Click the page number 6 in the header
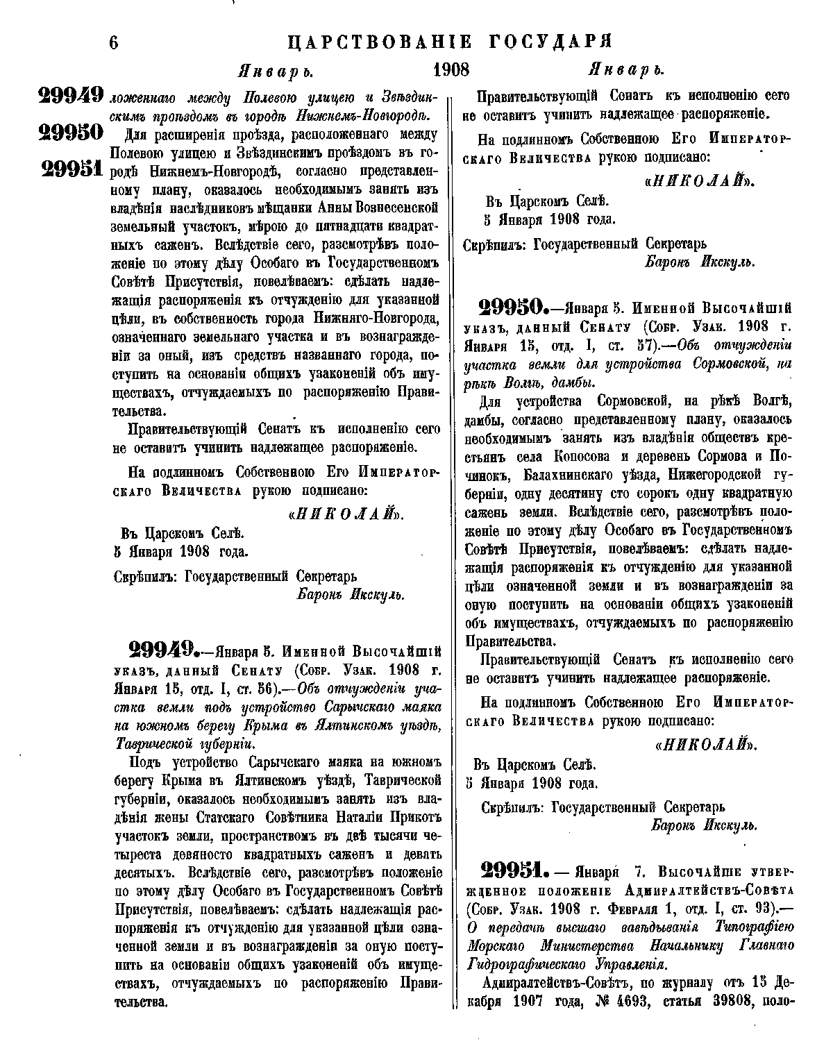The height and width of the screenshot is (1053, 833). pos(115,43)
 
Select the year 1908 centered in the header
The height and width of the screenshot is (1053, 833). pos(451,70)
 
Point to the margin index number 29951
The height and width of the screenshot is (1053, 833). pos(72,169)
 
